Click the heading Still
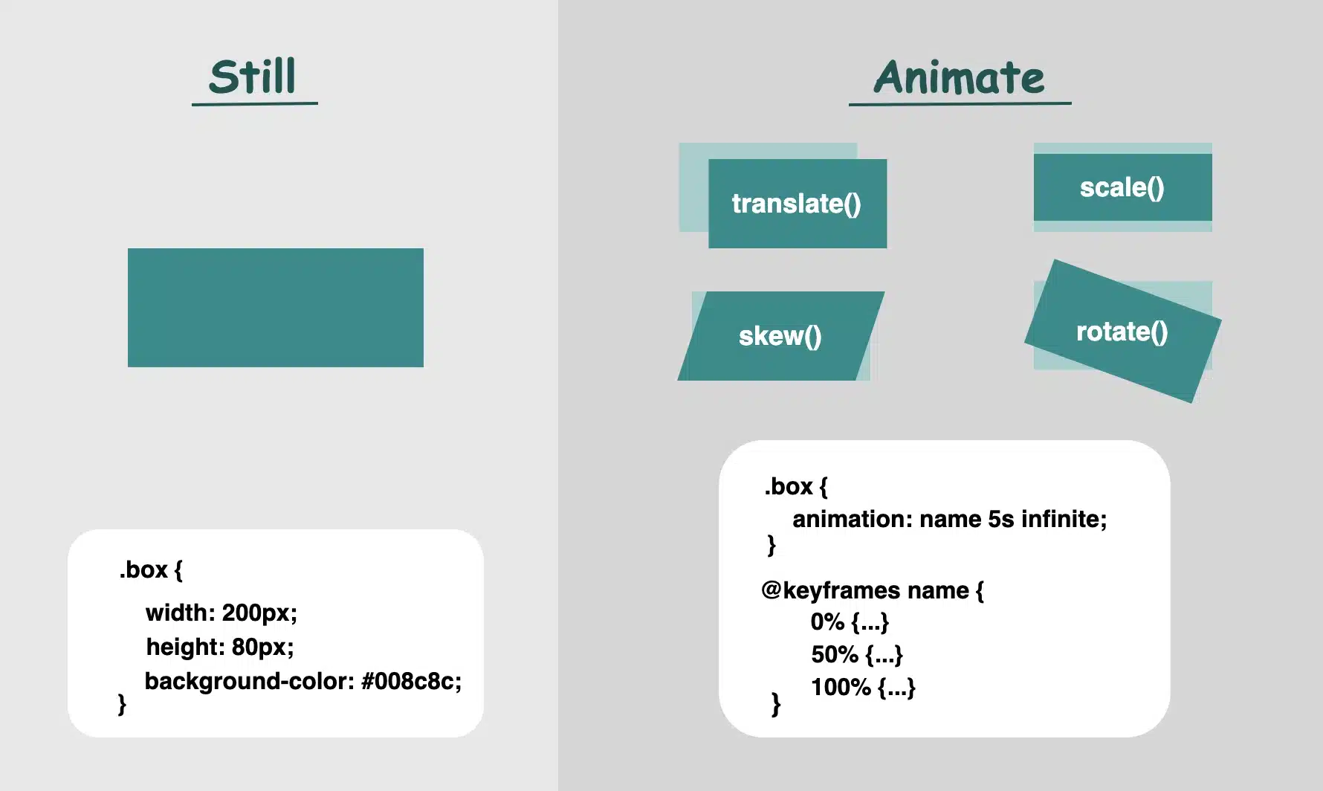[x=253, y=77]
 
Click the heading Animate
[x=959, y=78]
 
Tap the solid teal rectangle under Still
[x=275, y=307]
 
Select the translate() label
[x=796, y=204]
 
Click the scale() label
[x=1122, y=187]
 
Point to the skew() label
[x=780, y=336]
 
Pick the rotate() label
[x=1122, y=332]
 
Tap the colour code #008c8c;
[x=411, y=681]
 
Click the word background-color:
[x=249, y=681]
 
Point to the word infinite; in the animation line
[x=1064, y=519]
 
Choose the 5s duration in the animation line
[x=1000, y=519]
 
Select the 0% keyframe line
[x=850, y=621]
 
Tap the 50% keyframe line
[x=856, y=654]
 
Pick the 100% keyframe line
[x=863, y=687]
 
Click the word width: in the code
[x=181, y=613]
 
